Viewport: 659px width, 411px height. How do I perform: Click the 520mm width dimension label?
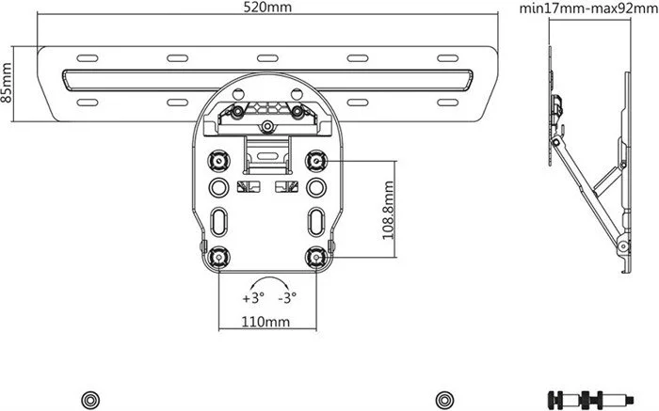pyautogui.click(x=266, y=8)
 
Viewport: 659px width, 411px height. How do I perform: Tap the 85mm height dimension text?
pyautogui.click(x=8, y=84)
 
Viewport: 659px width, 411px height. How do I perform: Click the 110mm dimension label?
pyautogui.click(x=265, y=322)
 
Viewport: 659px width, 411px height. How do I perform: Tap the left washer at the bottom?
pyautogui.click(x=89, y=396)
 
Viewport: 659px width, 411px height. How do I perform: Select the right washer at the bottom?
pyautogui.click(x=444, y=396)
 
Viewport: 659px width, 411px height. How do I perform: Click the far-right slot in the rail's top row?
pyautogui.click(x=448, y=58)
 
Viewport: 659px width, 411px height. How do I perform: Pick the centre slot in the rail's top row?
pyautogui.click(x=266, y=58)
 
